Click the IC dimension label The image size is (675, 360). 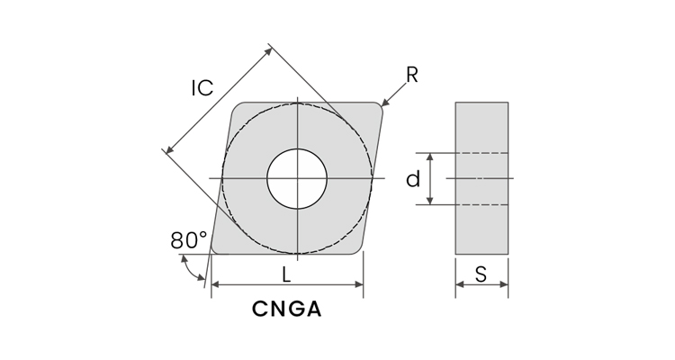pos(202,87)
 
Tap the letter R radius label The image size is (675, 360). pos(411,76)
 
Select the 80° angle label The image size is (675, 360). pos(188,240)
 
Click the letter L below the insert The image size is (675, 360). pos(286,274)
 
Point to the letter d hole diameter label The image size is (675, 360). pos(413,179)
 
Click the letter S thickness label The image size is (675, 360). pos(481,274)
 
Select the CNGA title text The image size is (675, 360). pos(286,310)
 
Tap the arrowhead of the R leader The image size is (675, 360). pos(384,103)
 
